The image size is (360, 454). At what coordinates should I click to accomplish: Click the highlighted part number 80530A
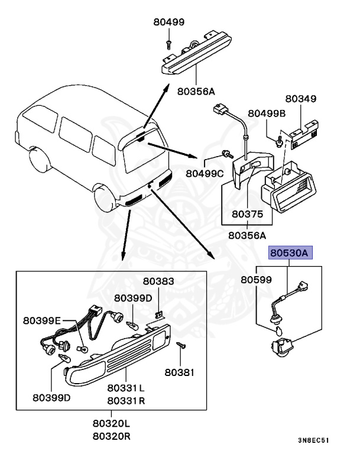pos(290,253)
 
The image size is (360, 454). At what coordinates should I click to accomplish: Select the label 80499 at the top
pos(169,22)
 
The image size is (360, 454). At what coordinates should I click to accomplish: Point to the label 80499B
pos(267,113)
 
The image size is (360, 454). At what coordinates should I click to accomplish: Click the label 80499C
pos(204,173)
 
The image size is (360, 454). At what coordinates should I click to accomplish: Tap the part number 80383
pos(158,282)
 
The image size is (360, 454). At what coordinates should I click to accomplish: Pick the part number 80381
pos(180,372)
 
